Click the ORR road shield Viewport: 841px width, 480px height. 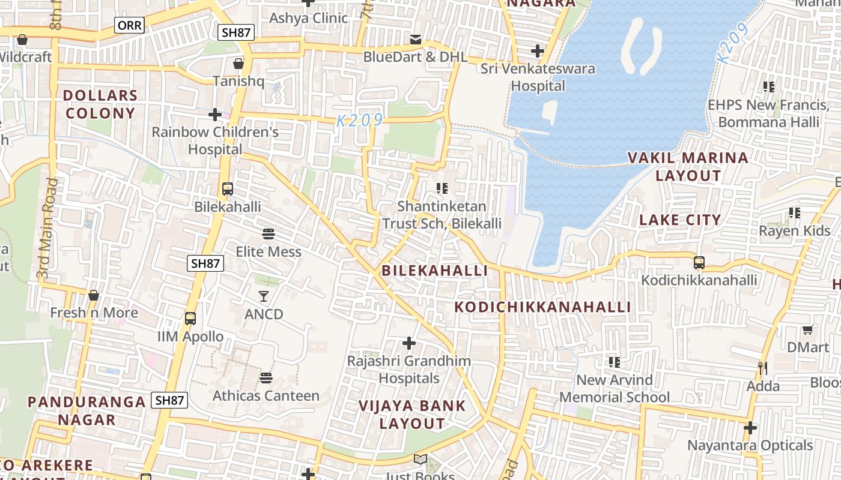pos(129,25)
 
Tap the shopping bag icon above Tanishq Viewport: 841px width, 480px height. pos(238,63)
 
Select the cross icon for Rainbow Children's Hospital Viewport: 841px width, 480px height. pos(215,114)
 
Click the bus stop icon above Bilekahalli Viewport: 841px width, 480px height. pos(228,189)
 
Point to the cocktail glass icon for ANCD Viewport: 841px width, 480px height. pos(264,296)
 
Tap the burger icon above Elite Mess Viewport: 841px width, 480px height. pos(269,233)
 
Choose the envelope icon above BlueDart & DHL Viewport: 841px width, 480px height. pos(415,40)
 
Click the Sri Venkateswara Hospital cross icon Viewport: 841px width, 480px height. pos(538,51)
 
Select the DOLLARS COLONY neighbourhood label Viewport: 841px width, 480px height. pos(100,104)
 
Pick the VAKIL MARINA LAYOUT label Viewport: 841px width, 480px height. pos(688,166)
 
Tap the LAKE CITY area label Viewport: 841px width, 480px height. pos(680,220)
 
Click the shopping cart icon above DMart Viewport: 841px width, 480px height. pos(808,329)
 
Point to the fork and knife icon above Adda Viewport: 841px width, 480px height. pos(763,368)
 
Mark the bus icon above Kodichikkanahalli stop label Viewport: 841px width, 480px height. pos(699,262)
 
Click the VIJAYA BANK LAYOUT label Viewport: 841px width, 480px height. pos(412,414)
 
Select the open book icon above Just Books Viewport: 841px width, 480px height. pos(421,460)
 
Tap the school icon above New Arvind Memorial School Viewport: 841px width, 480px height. pos(614,362)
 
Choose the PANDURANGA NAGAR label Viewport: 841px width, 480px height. pos(87,410)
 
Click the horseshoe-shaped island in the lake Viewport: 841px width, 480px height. pos(640,48)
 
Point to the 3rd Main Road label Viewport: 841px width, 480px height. pos(47,228)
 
